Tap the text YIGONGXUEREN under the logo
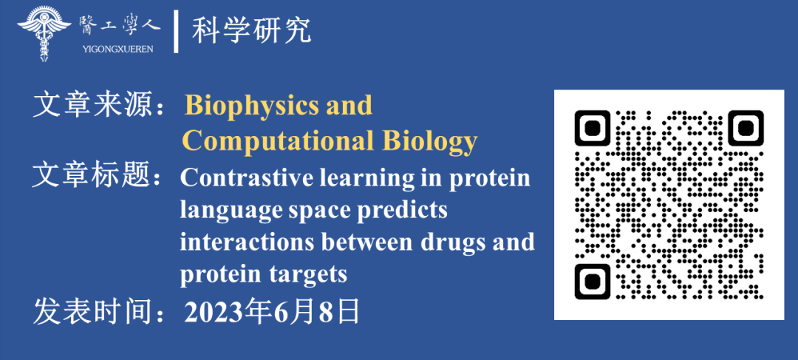coord(117,50)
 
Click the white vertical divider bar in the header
coord(176,32)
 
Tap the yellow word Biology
coord(430,140)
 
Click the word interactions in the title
coord(246,242)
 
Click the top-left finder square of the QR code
coord(592,128)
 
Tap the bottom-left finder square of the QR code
coord(592,281)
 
